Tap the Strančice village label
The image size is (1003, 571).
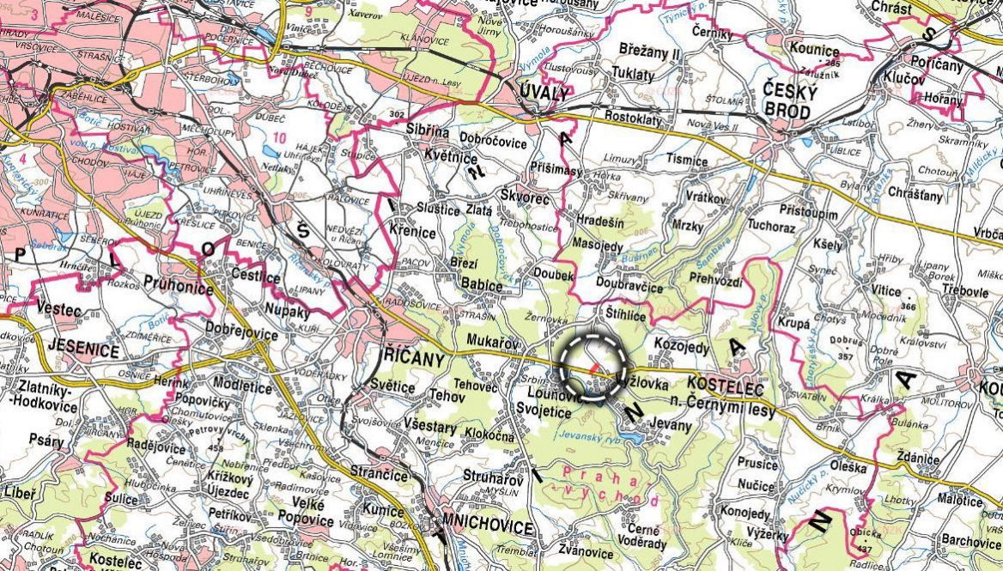tap(379, 472)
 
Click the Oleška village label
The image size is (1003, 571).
tap(848, 468)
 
